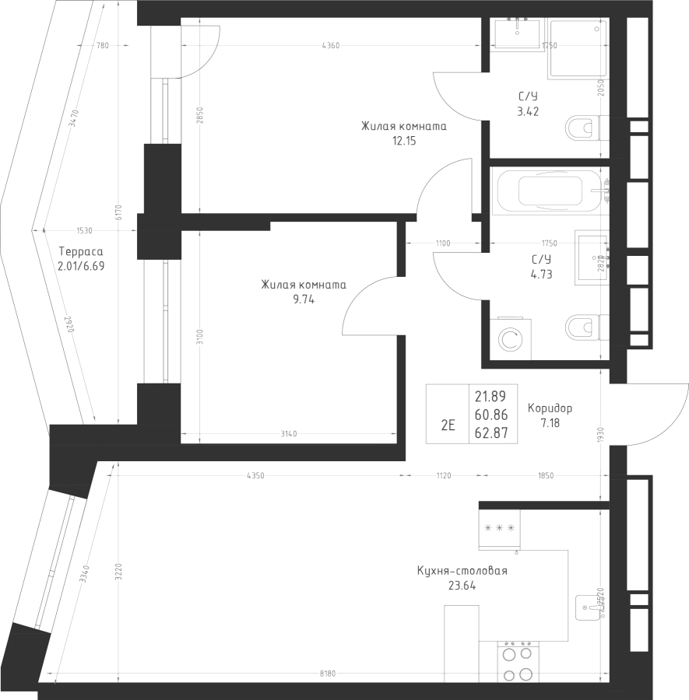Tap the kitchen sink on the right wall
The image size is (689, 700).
tap(587, 606)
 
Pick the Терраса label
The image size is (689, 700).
tap(81, 252)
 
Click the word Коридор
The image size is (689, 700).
tap(550, 408)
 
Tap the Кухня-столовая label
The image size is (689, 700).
tap(462, 571)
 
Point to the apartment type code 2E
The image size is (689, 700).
tap(448, 425)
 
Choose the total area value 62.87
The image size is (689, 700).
tap(490, 433)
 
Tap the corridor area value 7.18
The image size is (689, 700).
tap(550, 423)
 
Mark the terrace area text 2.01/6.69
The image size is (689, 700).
tap(81, 266)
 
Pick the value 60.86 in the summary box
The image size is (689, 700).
tap(490, 415)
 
